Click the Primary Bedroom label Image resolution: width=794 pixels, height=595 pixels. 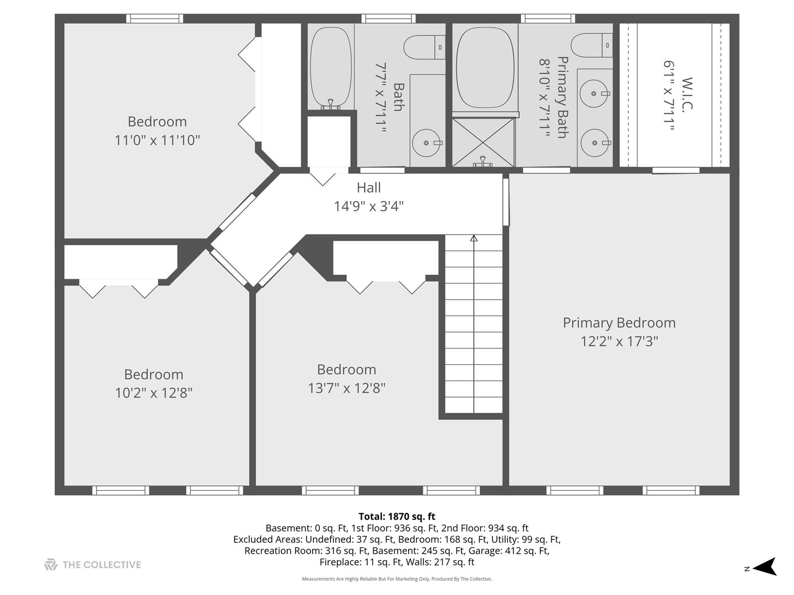[x=619, y=323]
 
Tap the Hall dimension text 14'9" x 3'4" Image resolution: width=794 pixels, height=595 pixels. [x=369, y=206]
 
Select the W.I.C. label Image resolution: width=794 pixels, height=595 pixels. [x=687, y=95]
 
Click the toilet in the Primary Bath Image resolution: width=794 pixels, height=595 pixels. [x=592, y=45]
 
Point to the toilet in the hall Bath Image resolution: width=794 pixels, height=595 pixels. [x=425, y=47]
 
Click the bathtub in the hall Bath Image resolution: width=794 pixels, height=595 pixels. [x=331, y=68]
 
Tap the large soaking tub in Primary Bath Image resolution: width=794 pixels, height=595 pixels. [x=485, y=68]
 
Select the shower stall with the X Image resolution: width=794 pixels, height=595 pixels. [x=483, y=142]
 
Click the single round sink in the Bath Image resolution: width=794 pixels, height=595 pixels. [x=427, y=143]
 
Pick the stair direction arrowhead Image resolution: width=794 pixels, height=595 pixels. [x=474, y=238]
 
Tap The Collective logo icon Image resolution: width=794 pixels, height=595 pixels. [x=51, y=564]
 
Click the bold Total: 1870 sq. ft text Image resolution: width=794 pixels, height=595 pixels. [x=397, y=516]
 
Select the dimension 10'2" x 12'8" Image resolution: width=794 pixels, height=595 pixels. [x=154, y=393]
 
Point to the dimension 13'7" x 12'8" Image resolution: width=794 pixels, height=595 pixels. [x=346, y=388]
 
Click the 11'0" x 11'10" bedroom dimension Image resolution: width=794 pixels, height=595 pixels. [x=157, y=140]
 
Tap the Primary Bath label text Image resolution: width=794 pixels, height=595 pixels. [x=562, y=97]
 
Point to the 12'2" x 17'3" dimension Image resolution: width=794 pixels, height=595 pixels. [x=619, y=342]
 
